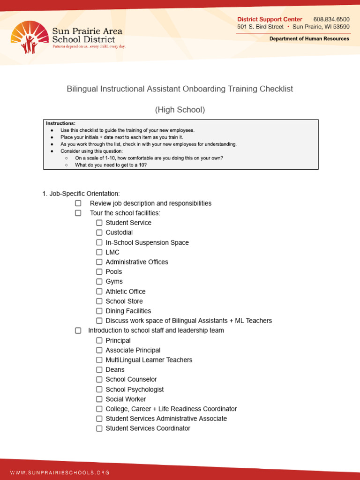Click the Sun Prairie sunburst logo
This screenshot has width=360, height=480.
(30, 37)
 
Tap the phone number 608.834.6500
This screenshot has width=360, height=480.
(331, 19)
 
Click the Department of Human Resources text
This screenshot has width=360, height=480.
(309, 38)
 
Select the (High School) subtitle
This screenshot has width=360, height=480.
(180, 110)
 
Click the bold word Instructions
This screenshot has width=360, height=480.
(60, 123)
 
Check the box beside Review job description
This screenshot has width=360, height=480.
(78, 203)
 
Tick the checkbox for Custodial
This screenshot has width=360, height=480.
(99, 232)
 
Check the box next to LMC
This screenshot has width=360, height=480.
(99, 252)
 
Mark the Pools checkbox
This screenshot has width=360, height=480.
(99, 272)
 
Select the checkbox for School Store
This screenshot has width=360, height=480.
(99, 301)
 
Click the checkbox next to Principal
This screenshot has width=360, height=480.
(99, 341)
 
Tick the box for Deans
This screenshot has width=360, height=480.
(99, 370)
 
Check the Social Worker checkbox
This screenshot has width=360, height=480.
(99, 399)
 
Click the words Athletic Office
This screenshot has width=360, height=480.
(125, 292)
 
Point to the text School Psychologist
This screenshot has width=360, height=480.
(135, 390)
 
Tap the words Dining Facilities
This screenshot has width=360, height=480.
(128, 311)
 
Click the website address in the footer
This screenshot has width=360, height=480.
(60, 472)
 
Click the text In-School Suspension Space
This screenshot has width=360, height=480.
(147, 243)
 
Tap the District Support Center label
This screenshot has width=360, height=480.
(270, 19)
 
